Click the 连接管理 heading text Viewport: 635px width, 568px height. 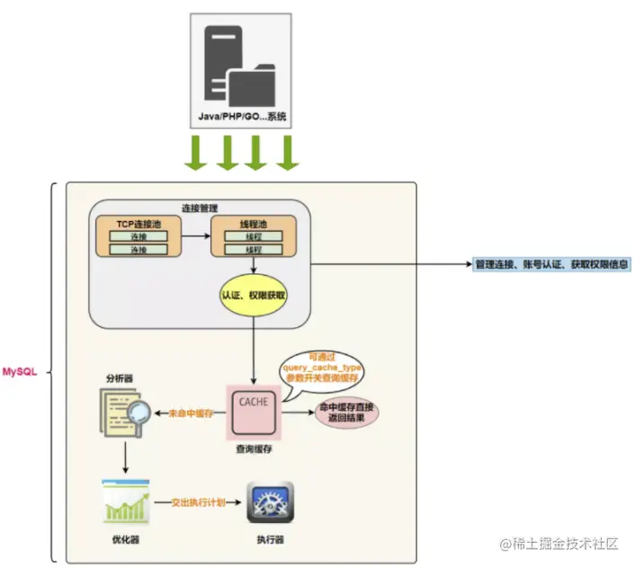(201, 208)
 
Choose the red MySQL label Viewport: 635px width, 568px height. (20, 371)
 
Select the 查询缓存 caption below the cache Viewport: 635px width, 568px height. (254, 448)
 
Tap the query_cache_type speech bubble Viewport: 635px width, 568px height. (321, 369)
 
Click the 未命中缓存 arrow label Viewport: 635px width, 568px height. (190, 413)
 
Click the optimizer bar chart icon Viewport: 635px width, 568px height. (126, 503)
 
